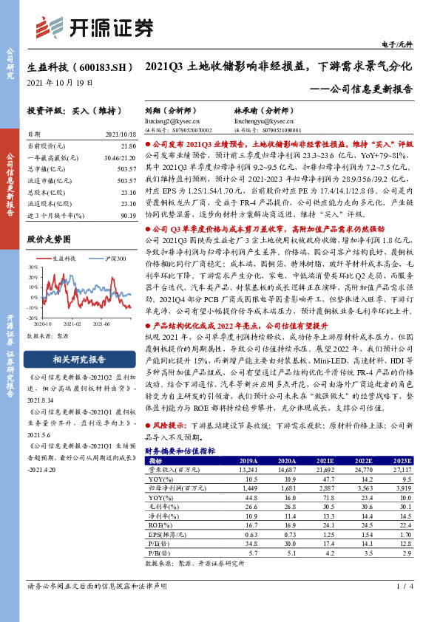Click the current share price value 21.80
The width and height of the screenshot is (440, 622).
pos(129,147)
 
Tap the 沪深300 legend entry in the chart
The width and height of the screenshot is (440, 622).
pos(112,258)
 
